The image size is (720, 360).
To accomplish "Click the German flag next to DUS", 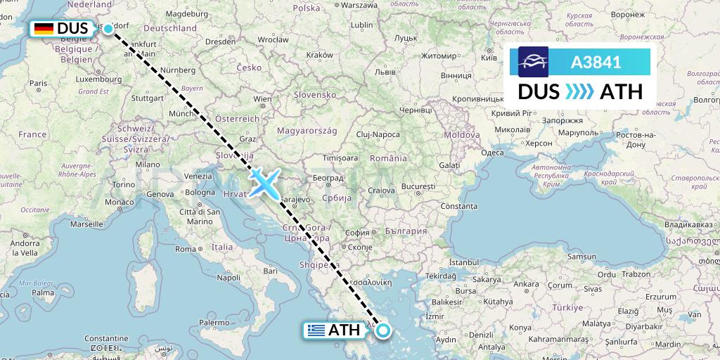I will pyautogui.click(x=44, y=29).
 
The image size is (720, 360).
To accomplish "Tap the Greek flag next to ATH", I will pyautogui.click(x=316, y=330).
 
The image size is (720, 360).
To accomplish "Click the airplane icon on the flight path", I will pyautogui.click(x=264, y=182).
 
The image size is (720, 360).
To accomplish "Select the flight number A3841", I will pyautogui.click(x=595, y=62).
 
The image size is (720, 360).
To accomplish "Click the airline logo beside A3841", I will pyautogui.click(x=533, y=62).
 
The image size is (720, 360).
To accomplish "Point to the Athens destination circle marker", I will pyautogui.click(x=383, y=329).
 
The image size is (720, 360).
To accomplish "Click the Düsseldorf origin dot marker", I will pyautogui.click(x=108, y=29).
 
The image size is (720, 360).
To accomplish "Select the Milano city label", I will pyautogui.click(x=148, y=164).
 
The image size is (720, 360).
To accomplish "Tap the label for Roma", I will pyautogui.click(x=186, y=249).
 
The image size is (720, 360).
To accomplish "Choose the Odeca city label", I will pyautogui.click(x=492, y=153).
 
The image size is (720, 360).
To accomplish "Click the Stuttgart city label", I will pyautogui.click(x=146, y=98).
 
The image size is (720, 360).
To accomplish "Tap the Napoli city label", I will pyautogui.click(x=229, y=278).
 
